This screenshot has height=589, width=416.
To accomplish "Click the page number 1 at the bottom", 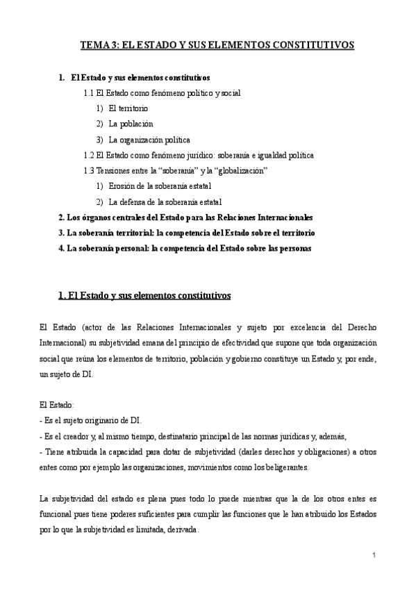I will tap(374, 555).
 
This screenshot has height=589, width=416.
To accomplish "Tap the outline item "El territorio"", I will tap(128, 108).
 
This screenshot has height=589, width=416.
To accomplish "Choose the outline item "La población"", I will tap(131, 124).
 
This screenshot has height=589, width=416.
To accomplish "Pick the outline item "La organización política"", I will tap(149, 139).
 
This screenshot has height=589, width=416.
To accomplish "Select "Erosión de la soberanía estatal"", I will tap(160, 185).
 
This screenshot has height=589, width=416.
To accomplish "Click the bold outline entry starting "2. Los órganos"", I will tap(185, 217).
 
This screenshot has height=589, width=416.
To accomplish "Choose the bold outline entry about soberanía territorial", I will tap(188, 232).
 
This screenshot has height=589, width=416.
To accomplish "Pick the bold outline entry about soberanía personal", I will tap(185, 247).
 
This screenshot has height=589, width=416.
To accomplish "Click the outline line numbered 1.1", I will tap(162, 92).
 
